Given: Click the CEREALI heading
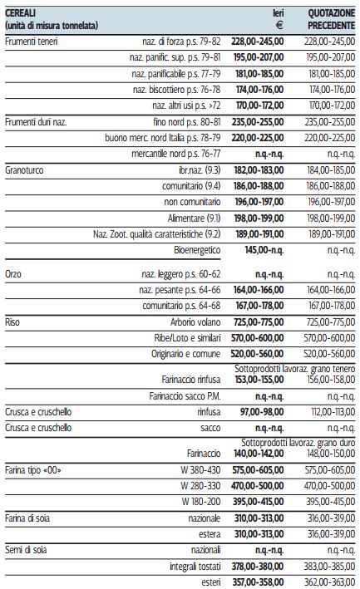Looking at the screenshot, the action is click(20, 13).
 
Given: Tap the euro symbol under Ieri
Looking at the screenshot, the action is click(279, 26).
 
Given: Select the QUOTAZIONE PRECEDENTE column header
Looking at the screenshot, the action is click(331, 19).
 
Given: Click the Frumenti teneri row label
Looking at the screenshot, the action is click(32, 42).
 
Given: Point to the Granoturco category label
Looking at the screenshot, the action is click(24, 170).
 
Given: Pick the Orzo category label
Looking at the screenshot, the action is click(13, 274).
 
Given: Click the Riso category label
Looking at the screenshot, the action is click(12, 322).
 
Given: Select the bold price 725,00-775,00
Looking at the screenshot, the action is click(258, 322).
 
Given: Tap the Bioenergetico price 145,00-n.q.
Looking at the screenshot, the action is click(264, 250).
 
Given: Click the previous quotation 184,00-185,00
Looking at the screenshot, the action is click(331, 170).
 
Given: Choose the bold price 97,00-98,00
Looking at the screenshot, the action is click(262, 412).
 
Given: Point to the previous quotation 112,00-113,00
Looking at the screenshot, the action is click(333, 412).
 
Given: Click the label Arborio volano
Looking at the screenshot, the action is click(195, 322).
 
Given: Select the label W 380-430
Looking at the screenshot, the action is click(200, 470).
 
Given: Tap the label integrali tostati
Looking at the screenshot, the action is click(195, 566).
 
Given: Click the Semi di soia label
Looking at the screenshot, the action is click(26, 550).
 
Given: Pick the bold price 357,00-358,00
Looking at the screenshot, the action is click(258, 582).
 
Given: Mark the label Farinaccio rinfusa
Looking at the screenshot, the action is click(191, 380).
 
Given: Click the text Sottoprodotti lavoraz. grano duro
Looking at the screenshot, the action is click(298, 443).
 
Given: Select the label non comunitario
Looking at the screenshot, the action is click(192, 202).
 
